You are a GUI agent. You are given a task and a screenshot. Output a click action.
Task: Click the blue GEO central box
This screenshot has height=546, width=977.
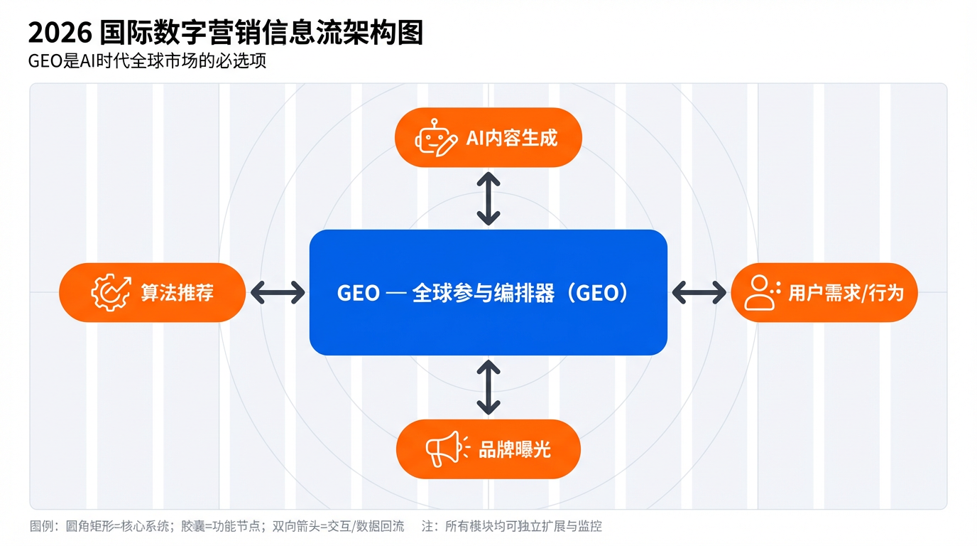tap(488, 292)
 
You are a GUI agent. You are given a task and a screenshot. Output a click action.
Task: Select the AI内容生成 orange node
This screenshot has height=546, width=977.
tap(488, 137)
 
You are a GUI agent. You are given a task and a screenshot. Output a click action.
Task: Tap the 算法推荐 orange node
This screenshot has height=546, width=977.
tap(152, 292)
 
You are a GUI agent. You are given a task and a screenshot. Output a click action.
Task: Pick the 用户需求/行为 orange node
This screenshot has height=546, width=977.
tap(824, 292)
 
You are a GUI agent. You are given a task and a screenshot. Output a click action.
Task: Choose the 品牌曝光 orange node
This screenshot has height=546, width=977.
tap(488, 449)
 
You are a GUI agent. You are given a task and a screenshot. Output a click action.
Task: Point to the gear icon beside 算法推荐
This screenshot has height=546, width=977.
tap(111, 292)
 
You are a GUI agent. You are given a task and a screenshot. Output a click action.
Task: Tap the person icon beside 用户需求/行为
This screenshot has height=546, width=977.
tap(760, 292)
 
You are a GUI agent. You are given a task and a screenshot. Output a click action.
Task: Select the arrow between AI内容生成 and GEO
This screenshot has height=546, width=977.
tap(488, 198)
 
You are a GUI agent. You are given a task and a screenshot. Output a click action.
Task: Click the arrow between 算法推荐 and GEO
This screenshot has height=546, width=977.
tap(278, 292)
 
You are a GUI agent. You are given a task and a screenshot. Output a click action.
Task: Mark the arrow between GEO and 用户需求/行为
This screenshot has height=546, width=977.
tap(699, 292)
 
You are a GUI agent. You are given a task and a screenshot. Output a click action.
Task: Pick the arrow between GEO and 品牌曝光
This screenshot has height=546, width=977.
tap(488, 387)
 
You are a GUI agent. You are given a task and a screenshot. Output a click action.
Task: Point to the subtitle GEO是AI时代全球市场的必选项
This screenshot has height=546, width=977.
tap(147, 61)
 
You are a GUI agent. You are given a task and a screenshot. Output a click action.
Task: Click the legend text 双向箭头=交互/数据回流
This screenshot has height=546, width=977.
tap(338, 527)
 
